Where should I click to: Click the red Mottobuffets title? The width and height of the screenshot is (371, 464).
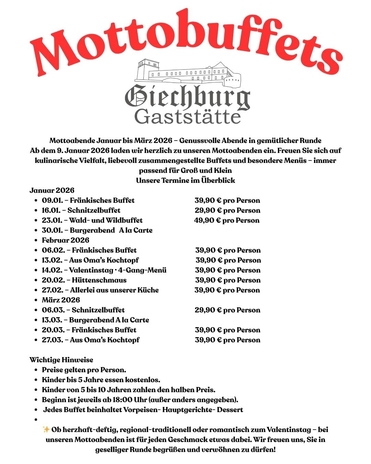(185, 41)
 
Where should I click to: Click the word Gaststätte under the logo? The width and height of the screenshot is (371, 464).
(187, 117)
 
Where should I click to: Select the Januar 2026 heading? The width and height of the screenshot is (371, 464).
(52, 190)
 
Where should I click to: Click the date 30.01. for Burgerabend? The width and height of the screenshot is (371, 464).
(51, 230)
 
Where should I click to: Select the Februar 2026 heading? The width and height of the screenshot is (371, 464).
(65, 240)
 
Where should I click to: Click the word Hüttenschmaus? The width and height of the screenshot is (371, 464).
(99, 280)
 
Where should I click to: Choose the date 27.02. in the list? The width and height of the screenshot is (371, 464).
(52, 290)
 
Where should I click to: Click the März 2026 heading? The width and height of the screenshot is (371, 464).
(61, 300)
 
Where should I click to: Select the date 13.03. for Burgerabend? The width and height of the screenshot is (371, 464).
(52, 320)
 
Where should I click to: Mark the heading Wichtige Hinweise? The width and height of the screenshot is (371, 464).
(61, 360)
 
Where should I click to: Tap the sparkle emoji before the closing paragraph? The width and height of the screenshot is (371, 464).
(46, 429)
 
